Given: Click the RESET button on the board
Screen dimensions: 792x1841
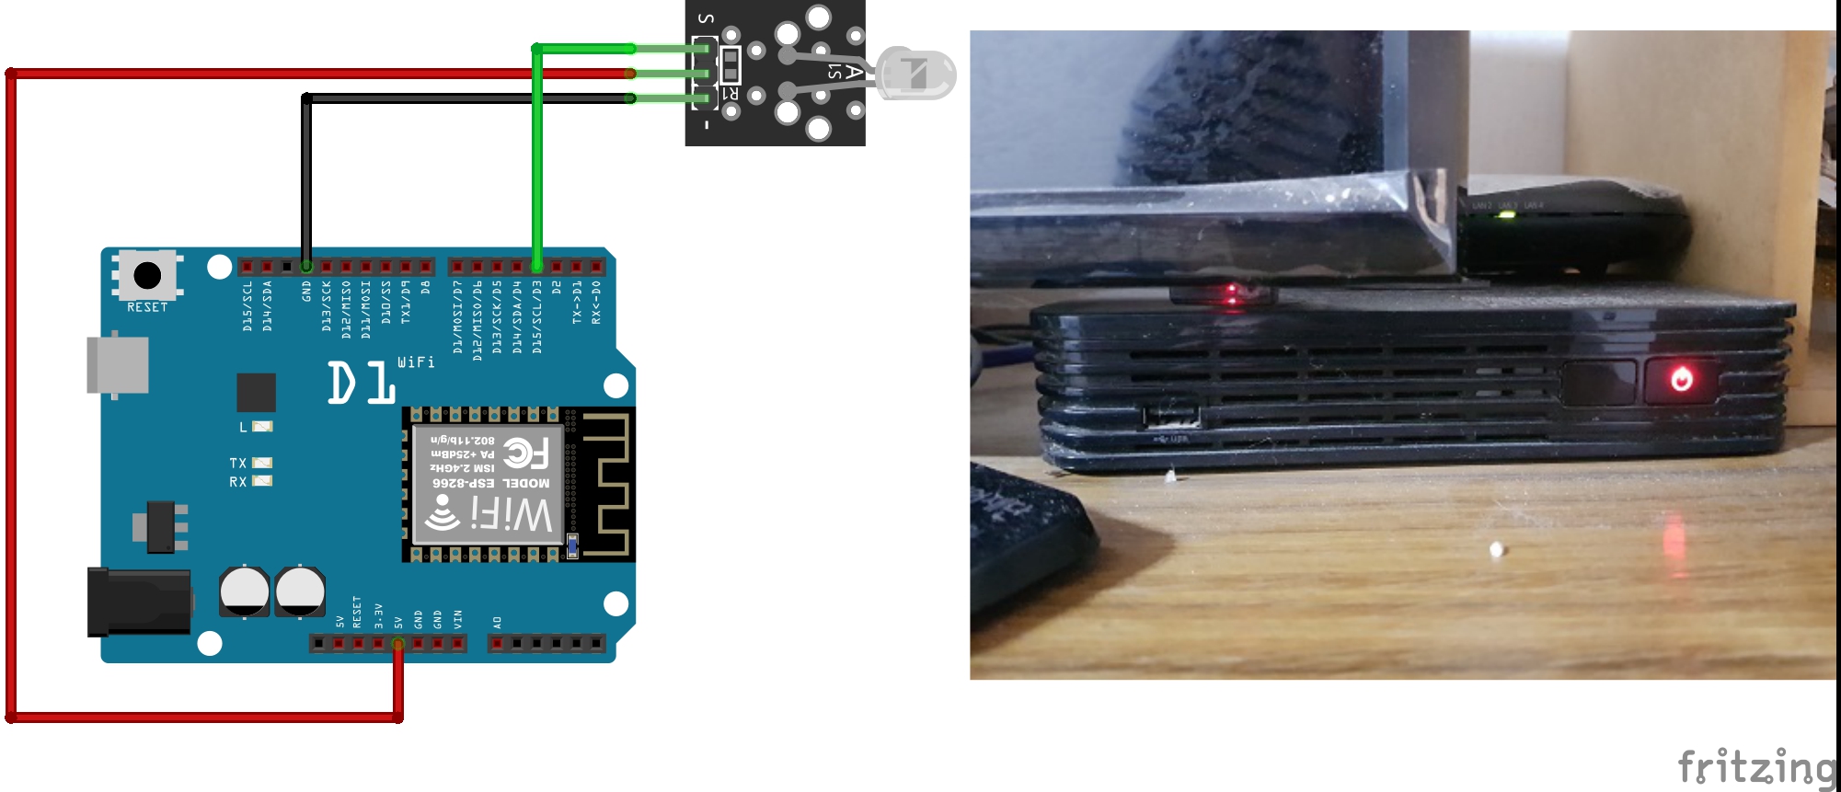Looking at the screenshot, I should click(x=147, y=274).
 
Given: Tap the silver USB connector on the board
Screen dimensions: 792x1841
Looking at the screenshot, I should click(x=118, y=365).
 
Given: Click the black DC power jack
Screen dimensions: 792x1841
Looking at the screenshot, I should click(x=138, y=603).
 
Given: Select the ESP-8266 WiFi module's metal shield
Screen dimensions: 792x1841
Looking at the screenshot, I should click(x=487, y=484).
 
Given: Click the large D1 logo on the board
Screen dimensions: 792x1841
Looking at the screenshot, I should click(x=361, y=383).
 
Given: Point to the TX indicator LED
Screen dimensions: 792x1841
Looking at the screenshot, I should click(x=262, y=463).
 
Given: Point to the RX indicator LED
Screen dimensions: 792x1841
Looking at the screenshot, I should click(x=262, y=481).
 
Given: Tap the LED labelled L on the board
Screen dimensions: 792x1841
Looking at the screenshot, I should click(x=262, y=427).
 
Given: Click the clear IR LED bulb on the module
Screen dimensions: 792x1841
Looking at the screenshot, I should click(x=916, y=75).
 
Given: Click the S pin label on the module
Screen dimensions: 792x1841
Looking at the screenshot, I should click(x=706, y=18).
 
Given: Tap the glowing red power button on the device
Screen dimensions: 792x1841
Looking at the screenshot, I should click(x=1682, y=379).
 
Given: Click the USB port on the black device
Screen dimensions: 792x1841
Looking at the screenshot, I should click(x=1172, y=417).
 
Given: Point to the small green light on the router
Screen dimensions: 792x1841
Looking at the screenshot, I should click(x=1506, y=215).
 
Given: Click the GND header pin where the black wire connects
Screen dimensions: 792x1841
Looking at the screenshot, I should click(x=306, y=267).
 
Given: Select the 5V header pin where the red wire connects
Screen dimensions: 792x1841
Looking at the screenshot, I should click(x=397, y=644).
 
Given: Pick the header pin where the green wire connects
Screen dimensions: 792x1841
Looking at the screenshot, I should click(x=536, y=267).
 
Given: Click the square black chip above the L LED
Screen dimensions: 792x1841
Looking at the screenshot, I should click(x=256, y=393).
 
